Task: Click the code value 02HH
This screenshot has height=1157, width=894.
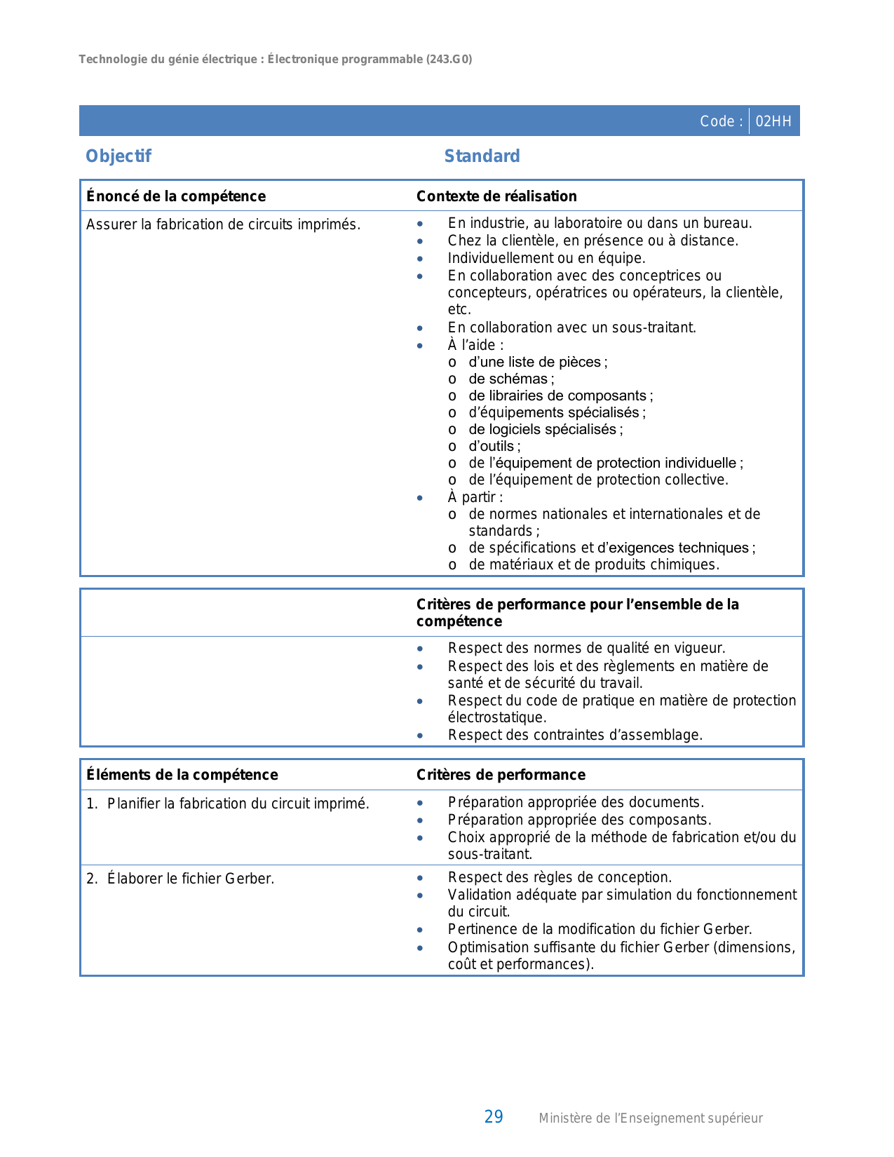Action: (773, 121)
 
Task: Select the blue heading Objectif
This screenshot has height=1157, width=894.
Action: (118, 156)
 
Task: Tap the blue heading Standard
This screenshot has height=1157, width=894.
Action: (482, 156)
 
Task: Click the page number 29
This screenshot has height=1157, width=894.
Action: (494, 1117)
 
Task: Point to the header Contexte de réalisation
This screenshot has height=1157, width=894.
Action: (496, 196)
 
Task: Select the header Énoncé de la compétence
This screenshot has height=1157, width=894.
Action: (176, 196)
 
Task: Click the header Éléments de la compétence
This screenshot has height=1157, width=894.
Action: (182, 775)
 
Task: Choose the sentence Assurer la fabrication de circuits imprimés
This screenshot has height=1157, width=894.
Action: (223, 224)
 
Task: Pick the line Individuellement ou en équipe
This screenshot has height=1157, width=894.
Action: (546, 258)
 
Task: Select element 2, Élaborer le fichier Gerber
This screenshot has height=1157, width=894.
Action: (190, 879)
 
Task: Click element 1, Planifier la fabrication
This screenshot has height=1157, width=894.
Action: (238, 804)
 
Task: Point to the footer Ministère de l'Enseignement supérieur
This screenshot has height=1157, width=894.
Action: (650, 1118)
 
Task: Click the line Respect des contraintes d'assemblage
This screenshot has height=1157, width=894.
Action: (575, 735)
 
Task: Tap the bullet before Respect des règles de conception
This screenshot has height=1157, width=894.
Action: (420, 878)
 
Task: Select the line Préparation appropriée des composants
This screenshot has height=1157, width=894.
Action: (579, 820)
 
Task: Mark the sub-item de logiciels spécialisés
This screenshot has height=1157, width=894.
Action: (545, 429)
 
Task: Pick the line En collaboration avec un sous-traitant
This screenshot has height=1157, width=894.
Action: (571, 327)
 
